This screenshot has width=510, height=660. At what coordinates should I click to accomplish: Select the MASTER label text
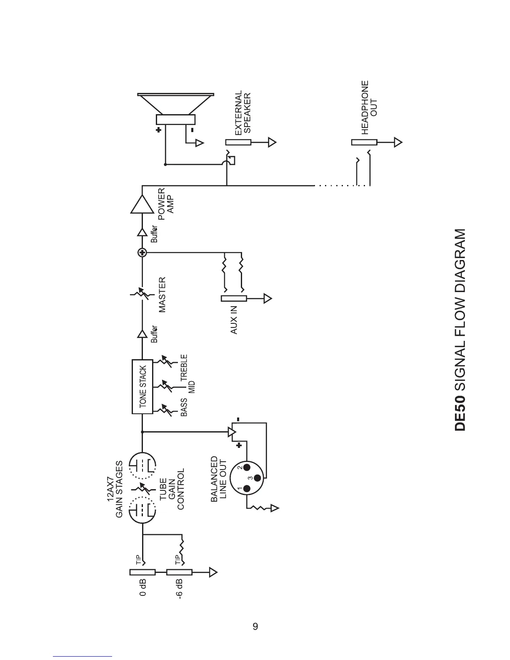tap(162, 295)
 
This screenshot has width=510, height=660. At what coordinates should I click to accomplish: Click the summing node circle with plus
tap(142, 252)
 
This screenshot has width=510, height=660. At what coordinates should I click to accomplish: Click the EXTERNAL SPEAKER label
tap(242, 113)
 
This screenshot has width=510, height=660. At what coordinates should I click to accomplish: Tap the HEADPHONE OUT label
tap(369, 107)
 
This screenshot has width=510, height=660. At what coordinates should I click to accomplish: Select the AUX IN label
tap(234, 320)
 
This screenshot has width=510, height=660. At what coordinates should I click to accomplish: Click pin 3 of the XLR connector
tap(257, 478)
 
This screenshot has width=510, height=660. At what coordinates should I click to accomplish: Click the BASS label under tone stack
tap(184, 407)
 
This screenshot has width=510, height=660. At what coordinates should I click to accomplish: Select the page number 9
tap(255, 626)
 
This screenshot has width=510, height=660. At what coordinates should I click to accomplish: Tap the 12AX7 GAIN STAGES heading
tap(115, 489)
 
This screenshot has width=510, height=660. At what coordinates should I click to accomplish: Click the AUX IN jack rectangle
tap(234, 298)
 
